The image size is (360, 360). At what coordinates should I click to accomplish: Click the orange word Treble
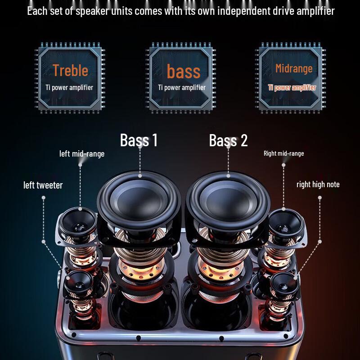pyautogui.click(x=70, y=70)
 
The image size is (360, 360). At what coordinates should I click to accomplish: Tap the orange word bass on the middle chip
pyautogui.click(x=184, y=71)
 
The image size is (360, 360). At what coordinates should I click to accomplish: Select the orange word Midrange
pyautogui.click(x=294, y=69)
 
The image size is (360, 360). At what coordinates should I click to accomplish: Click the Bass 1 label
pyautogui.click(x=139, y=140)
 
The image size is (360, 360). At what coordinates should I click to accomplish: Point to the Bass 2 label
pyautogui.click(x=228, y=140)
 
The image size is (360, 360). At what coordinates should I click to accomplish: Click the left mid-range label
pyautogui.click(x=82, y=153)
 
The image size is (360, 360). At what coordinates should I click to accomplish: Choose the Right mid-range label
pyautogui.click(x=284, y=153)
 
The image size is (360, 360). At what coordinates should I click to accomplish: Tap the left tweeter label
pyautogui.click(x=43, y=185)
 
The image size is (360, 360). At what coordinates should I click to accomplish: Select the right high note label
pyautogui.click(x=318, y=184)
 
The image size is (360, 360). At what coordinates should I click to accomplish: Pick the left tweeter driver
pyautogui.click(x=79, y=284)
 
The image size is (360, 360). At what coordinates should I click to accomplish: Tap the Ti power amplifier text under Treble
pyautogui.click(x=69, y=87)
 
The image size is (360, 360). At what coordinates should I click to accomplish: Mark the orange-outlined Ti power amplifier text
pyautogui.click(x=292, y=87)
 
